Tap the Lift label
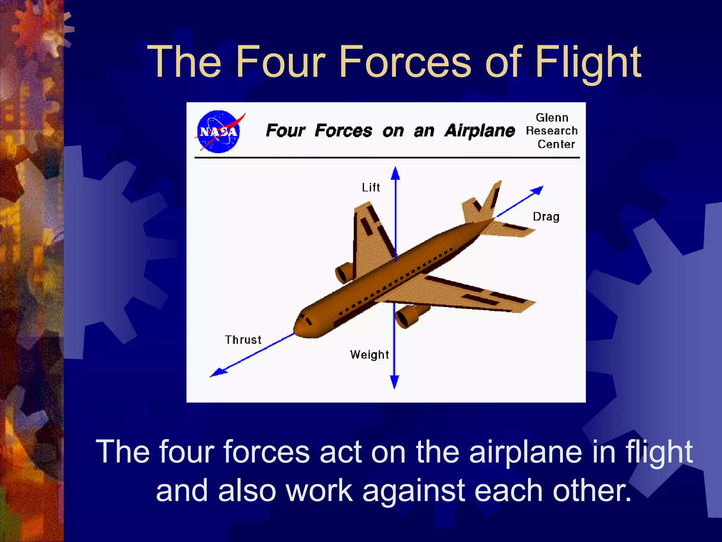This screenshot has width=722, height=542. click(x=371, y=187)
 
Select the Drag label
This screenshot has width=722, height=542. click(x=546, y=217)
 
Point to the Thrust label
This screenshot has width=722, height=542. click(x=243, y=340)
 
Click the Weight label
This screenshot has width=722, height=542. click(x=369, y=355)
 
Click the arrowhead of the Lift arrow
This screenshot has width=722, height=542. click(x=396, y=173)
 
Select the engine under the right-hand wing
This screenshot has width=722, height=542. click(x=409, y=316)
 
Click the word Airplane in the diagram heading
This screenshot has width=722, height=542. click(x=480, y=131)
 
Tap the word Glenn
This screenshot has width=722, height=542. click(x=552, y=118)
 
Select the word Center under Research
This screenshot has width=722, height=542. click(x=556, y=144)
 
